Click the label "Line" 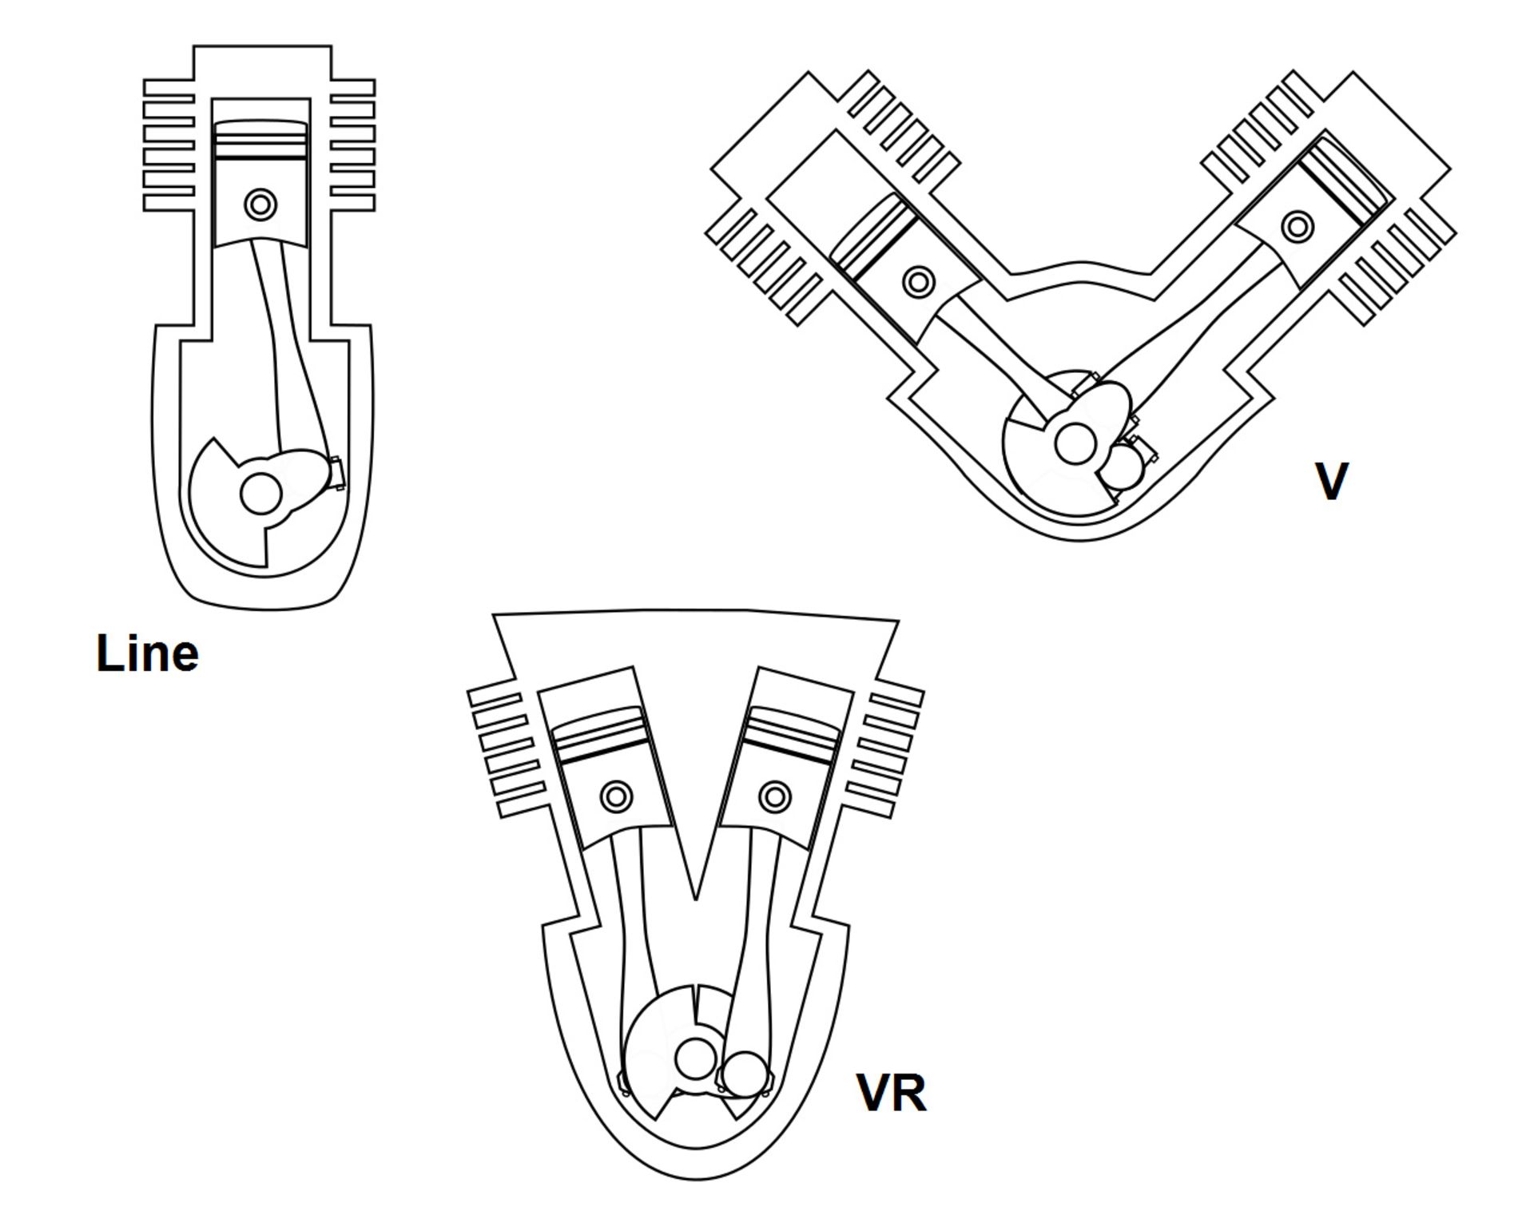[x=148, y=653]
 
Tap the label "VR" [x=891, y=1093]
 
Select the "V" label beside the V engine [x=1331, y=481]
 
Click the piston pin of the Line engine [x=260, y=204]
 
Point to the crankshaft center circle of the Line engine [x=260, y=494]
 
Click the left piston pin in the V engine [x=919, y=281]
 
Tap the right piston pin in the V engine [x=1298, y=226]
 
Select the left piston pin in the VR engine [x=616, y=796]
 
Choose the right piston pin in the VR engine [x=774, y=796]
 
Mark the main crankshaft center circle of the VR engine [x=696, y=1058]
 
